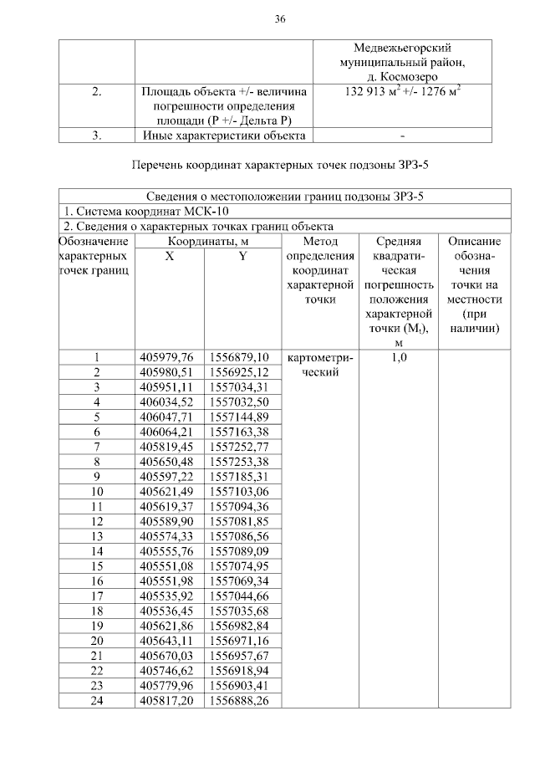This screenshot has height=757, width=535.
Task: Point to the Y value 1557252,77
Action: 239,446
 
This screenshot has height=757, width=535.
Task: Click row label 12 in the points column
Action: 97,520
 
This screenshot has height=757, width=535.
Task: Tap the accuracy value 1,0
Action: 398,358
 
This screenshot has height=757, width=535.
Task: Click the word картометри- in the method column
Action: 319,358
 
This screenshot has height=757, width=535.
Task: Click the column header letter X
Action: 169,257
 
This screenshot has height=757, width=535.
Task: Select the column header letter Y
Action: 242,257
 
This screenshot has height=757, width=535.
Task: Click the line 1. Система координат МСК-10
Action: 137,211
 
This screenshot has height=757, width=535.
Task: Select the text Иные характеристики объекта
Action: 223,135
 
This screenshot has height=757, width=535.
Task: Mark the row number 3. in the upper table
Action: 97,135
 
